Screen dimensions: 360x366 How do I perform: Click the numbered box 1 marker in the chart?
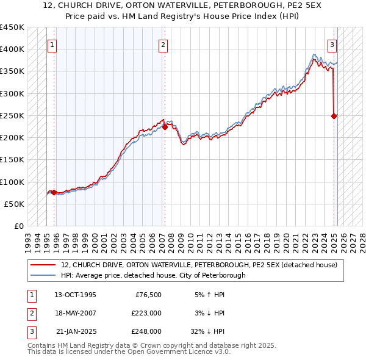(52, 44)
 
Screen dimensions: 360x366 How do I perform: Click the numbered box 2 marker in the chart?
(163, 44)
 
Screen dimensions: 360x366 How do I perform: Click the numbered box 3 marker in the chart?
(332, 44)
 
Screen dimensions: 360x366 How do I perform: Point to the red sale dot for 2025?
(334, 116)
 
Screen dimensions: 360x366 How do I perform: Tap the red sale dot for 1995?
(54, 192)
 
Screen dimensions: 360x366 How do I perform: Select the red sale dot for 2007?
(165, 127)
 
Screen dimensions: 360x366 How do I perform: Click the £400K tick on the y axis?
(12, 49)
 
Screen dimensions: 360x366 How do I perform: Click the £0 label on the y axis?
(19, 226)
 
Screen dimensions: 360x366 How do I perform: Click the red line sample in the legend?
(45, 264)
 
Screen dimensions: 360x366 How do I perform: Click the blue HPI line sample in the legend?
(45, 275)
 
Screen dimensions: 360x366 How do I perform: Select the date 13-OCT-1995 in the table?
(75, 295)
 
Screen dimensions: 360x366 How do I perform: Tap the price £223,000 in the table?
(146, 313)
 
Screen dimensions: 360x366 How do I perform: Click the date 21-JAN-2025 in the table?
(75, 331)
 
